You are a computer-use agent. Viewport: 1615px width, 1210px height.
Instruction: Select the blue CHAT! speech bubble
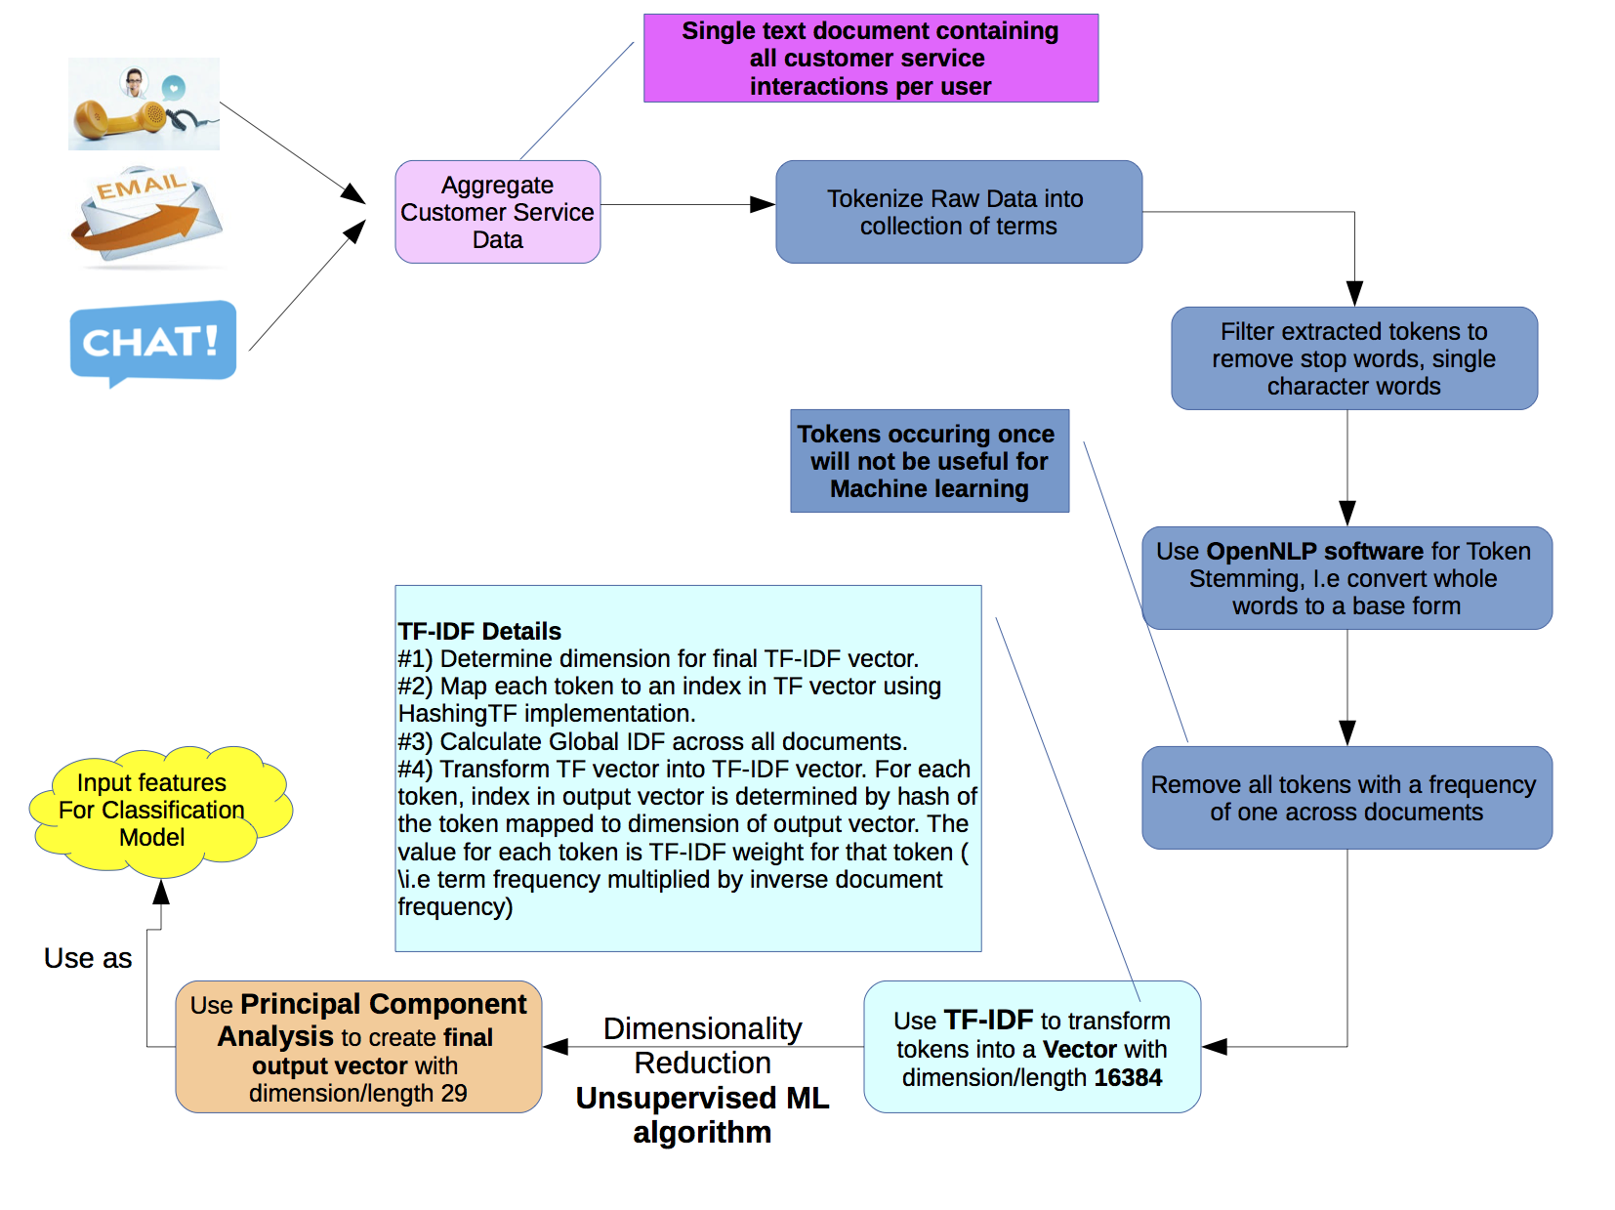click(x=152, y=341)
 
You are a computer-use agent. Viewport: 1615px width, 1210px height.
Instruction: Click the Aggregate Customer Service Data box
click(x=497, y=212)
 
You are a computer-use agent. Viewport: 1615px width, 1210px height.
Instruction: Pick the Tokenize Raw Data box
click(x=958, y=212)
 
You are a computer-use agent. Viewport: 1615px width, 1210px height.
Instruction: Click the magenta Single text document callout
click(x=870, y=59)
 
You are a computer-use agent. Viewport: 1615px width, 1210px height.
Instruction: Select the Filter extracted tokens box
click(x=1353, y=358)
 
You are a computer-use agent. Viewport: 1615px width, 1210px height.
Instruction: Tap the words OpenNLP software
click(x=1314, y=552)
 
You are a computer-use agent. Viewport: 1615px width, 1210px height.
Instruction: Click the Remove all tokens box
click(x=1346, y=798)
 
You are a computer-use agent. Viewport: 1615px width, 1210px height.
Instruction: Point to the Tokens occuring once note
click(x=929, y=461)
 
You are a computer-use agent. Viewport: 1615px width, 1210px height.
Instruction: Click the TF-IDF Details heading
click(x=479, y=631)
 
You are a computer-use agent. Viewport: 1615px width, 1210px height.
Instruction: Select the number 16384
click(x=1128, y=1077)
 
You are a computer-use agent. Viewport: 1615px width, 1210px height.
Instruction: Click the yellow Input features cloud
click(x=153, y=810)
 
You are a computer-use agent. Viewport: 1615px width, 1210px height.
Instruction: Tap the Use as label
click(x=88, y=958)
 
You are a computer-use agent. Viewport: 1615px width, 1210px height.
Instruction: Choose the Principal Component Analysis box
click(x=358, y=1047)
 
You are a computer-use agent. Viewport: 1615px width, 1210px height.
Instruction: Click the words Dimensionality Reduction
click(x=702, y=1045)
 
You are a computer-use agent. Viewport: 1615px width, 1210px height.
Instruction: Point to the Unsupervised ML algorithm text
click(x=702, y=1114)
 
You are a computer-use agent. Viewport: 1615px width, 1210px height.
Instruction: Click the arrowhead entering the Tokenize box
click(x=763, y=204)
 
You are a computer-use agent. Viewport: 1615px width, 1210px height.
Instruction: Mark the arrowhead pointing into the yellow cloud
click(x=161, y=891)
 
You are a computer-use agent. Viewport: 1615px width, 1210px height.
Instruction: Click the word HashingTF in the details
click(x=456, y=714)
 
